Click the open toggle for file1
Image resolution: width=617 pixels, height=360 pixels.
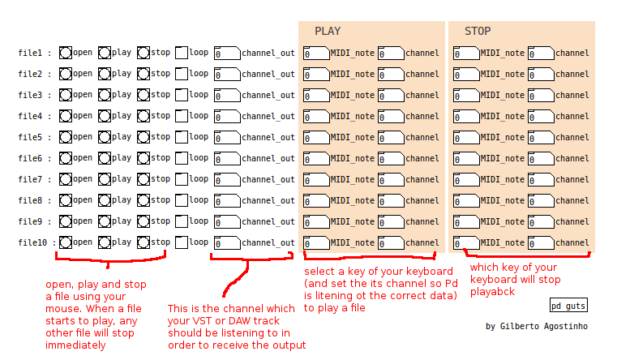coord(66,53)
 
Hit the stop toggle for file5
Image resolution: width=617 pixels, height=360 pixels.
coord(144,137)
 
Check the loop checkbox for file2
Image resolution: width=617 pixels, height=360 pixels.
coord(182,74)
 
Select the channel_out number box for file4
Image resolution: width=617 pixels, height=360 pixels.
coord(227,116)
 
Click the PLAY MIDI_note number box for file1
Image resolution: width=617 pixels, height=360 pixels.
coord(316,54)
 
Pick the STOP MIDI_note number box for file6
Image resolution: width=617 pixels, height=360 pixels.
coord(466,159)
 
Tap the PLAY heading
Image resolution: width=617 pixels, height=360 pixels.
coord(328,32)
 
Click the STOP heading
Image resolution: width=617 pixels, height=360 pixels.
coord(478,32)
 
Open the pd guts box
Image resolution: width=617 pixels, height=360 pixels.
coord(568,306)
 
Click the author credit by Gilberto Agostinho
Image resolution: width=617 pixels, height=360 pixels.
coord(536,326)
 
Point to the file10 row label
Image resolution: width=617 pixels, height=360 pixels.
coord(33,242)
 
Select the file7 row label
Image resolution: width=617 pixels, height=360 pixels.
coord(30,179)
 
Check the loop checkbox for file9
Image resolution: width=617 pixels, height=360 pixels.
coord(182,221)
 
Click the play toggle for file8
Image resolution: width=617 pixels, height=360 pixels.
coord(105,200)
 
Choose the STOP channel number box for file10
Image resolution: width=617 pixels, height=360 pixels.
coord(541,242)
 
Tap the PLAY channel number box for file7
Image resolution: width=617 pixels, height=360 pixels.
coord(391,179)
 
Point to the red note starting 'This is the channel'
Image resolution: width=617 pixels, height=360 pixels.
coord(236,327)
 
